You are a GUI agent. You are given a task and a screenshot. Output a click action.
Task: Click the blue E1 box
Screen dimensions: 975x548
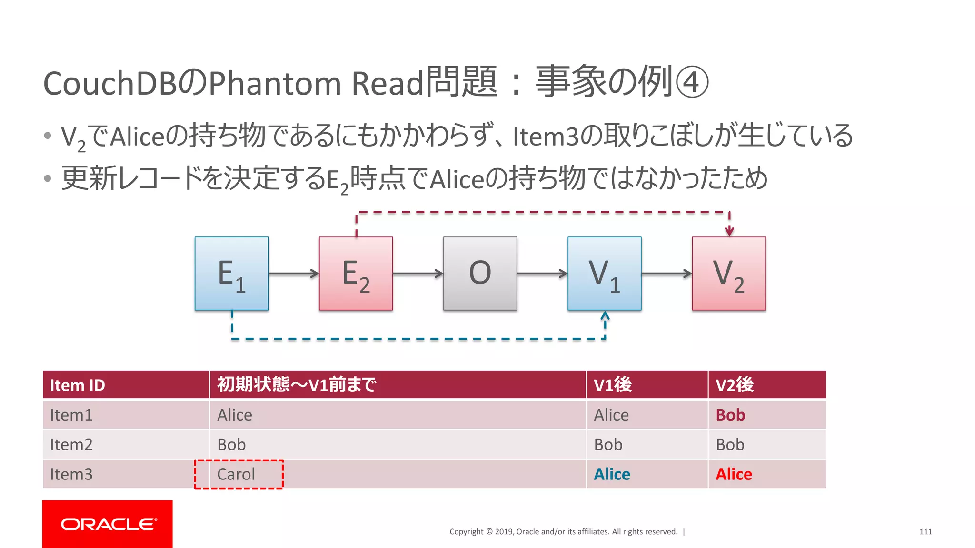(231, 274)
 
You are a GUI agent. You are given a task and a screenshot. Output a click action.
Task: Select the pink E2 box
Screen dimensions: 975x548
(356, 274)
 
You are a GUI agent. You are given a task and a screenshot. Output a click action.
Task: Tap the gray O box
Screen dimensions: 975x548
(480, 274)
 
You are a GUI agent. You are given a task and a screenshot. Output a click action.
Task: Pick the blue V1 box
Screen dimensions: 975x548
(604, 274)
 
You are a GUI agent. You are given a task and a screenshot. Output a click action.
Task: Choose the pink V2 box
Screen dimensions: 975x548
(728, 274)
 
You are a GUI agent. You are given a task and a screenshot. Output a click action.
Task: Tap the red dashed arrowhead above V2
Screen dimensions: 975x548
(729, 231)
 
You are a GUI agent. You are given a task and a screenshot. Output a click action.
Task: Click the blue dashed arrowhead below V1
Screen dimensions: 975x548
(605, 316)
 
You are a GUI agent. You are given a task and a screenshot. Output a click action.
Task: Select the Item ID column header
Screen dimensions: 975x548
(78, 385)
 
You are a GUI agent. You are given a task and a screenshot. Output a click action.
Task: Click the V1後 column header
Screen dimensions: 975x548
(613, 385)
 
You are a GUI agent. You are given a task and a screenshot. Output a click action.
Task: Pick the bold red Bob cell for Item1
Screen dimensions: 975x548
(730, 415)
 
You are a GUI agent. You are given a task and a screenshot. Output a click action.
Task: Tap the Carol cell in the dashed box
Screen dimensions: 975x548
(236, 474)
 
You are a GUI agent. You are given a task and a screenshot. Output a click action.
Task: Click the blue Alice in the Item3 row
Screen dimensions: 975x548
(612, 474)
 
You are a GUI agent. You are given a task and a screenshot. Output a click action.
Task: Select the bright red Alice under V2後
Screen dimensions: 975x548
(734, 474)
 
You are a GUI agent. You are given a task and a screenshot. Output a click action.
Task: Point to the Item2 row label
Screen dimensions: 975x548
(71, 444)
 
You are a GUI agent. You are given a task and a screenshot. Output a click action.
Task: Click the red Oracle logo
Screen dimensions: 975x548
(108, 524)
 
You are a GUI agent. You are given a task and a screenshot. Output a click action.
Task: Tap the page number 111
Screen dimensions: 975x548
(925, 532)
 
